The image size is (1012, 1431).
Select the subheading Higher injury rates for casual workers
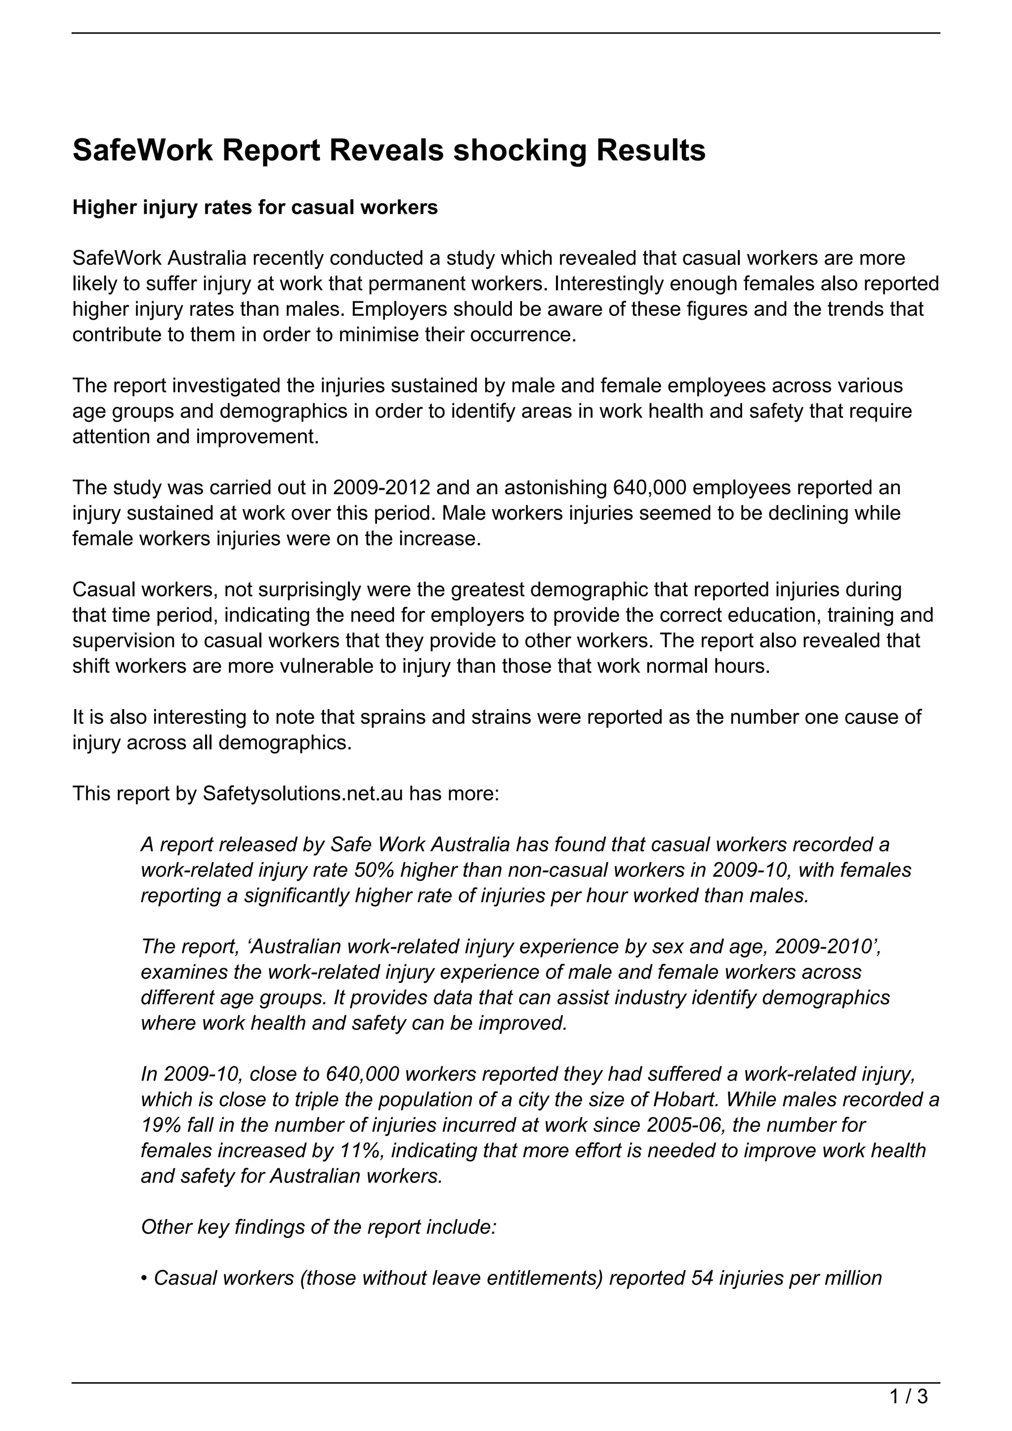255,208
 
